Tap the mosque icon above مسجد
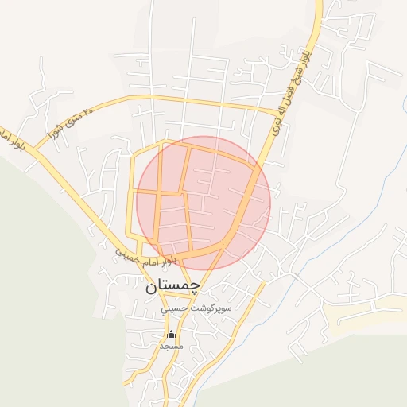tap(171, 335)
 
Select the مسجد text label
tap(171, 347)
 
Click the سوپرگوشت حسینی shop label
tap(196, 308)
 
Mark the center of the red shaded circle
tap(203, 203)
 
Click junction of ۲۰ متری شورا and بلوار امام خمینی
tap(37, 151)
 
